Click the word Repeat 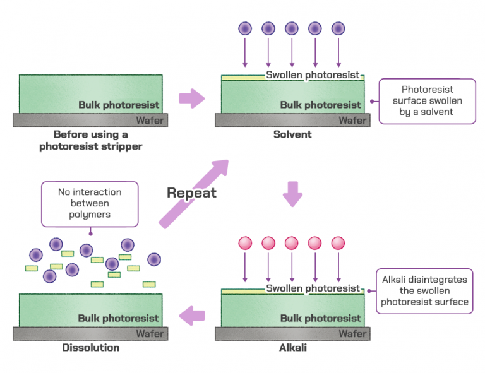(x=191, y=193)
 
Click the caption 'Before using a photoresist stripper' (x=90, y=141)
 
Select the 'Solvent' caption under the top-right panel (x=292, y=134)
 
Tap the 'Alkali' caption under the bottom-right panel (x=292, y=348)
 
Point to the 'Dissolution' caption (x=90, y=348)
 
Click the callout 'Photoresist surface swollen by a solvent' (x=427, y=101)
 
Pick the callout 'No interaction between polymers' (x=89, y=203)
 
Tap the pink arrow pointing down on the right (x=292, y=194)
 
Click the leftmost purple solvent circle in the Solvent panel (x=245, y=28)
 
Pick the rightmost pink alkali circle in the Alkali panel (x=338, y=243)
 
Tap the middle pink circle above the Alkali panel (x=292, y=243)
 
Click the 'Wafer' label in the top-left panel (x=150, y=120)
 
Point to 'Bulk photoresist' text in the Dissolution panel (x=119, y=318)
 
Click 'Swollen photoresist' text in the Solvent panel (x=313, y=75)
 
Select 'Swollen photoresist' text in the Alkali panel (x=313, y=288)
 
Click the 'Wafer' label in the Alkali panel (x=352, y=333)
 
